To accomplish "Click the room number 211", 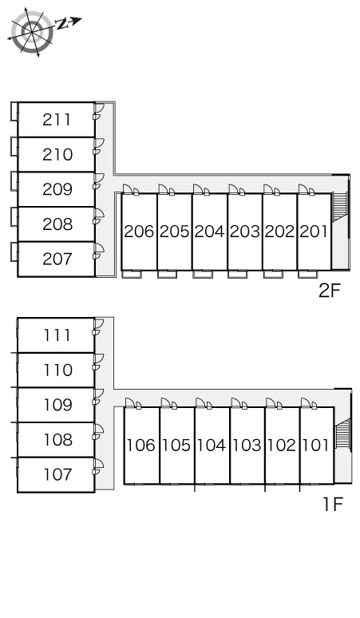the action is click(x=57, y=120).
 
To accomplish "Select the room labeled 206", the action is click(x=139, y=232).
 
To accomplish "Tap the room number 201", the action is click(x=314, y=232).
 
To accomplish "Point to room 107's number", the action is click(x=57, y=474).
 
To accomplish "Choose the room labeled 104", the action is click(x=212, y=446).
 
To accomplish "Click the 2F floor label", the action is click(x=330, y=291).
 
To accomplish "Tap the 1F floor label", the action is click(x=333, y=504).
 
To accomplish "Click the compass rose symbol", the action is click(x=32, y=32).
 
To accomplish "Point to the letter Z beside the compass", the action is click(x=62, y=24).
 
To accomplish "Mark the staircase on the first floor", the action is click(x=342, y=434).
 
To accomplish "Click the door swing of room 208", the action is click(x=98, y=213).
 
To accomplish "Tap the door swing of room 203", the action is click(x=234, y=189).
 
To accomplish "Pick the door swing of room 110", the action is click(x=98, y=359).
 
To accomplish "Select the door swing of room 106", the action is click(x=131, y=402).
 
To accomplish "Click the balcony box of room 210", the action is click(x=14, y=146).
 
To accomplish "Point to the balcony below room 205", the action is click(x=168, y=275).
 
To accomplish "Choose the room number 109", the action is click(x=57, y=405).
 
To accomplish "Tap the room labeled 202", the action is click(x=279, y=232).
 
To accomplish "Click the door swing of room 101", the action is click(x=306, y=402).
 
